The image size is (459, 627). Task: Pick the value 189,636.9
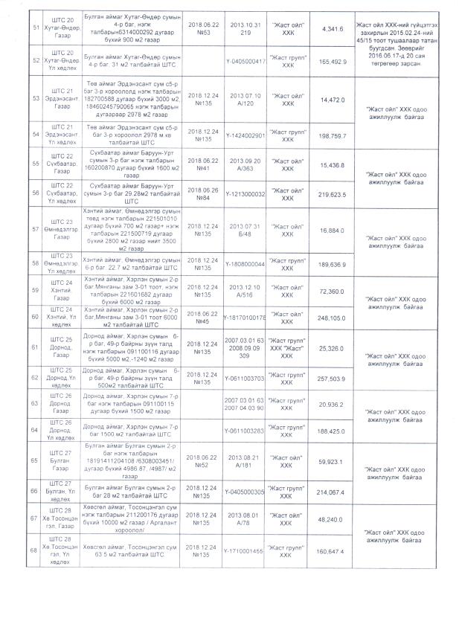(330, 264)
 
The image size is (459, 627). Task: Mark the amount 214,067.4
(330, 491)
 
